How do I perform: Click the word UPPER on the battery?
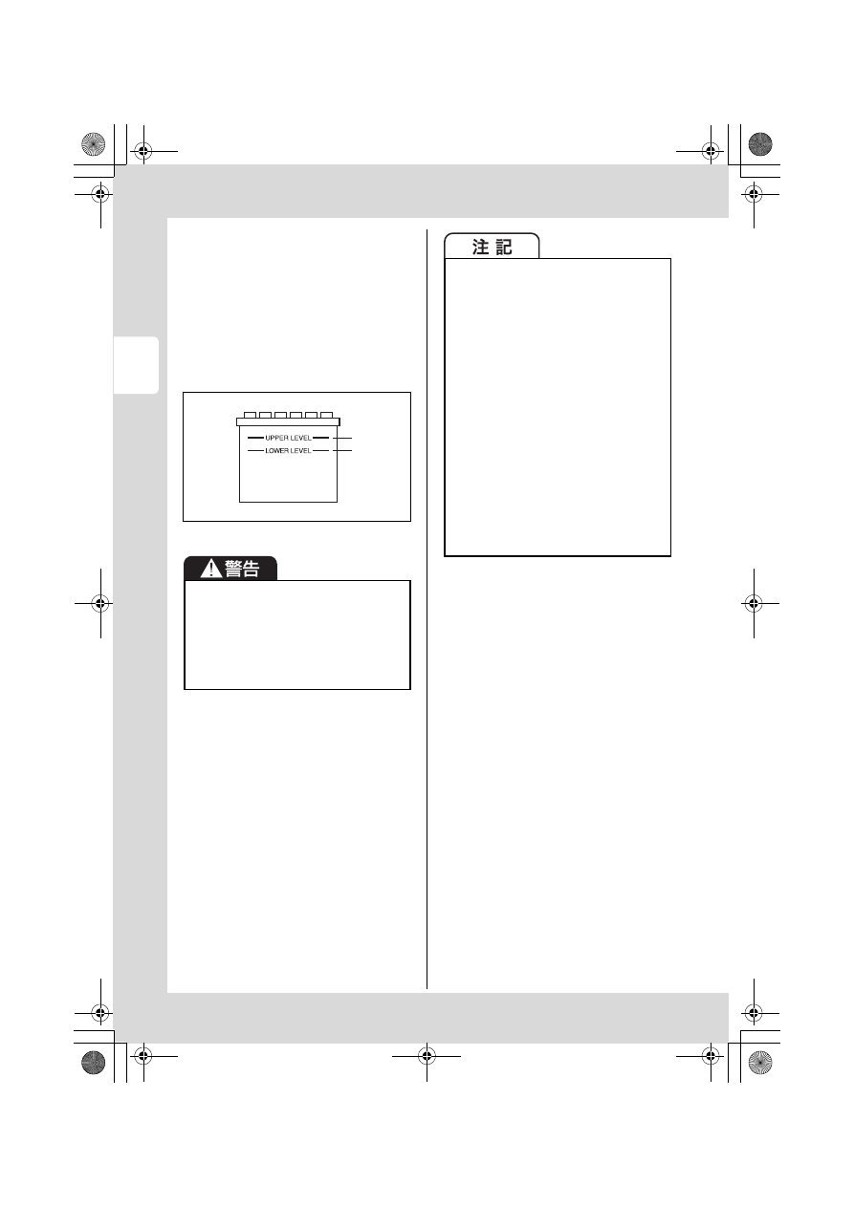(276, 438)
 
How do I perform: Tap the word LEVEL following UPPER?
(301, 438)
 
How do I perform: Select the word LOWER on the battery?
(277, 450)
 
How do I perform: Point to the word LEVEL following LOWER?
(301, 450)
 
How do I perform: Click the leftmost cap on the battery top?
(250, 415)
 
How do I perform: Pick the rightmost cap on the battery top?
(327, 415)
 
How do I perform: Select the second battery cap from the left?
(265, 415)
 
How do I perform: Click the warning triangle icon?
(211, 569)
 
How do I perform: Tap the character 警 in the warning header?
(234, 569)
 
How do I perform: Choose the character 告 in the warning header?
(252, 569)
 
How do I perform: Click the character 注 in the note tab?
(480, 247)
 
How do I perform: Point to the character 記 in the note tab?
(504, 247)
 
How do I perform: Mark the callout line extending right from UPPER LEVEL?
(342, 438)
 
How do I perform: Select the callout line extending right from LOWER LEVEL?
(342, 450)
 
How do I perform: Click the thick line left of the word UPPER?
(255, 438)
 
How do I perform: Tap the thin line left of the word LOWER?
(255, 450)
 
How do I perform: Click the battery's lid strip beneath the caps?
(289, 421)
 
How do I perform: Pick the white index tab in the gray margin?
(136, 365)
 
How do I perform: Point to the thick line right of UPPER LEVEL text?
(320, 438)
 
